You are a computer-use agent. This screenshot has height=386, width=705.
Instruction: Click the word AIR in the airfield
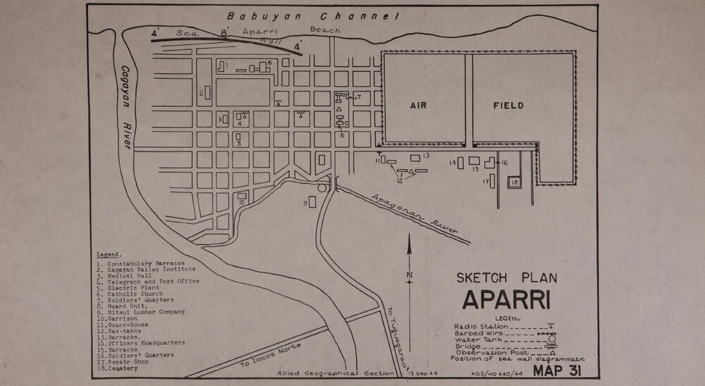click(x=419, y=106)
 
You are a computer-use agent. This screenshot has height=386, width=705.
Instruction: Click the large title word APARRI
click(x=507, y=300)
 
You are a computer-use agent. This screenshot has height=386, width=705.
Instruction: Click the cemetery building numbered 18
click(x=514, y=182)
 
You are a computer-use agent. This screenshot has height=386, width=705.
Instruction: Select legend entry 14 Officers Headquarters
click(x=141, y=342)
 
